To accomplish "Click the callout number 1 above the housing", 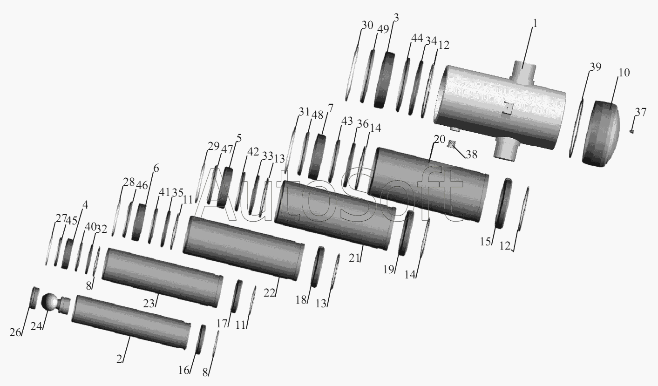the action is click(535, 23).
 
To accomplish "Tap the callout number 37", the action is click(641, 112).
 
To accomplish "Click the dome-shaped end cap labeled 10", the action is click(601, 134).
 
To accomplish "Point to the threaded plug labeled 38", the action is click(451, 144).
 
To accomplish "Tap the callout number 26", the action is click(15, 332).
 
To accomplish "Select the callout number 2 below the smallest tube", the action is click(119, 359).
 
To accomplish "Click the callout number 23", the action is click(149, 303).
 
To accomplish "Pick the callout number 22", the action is click(269, 292).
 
